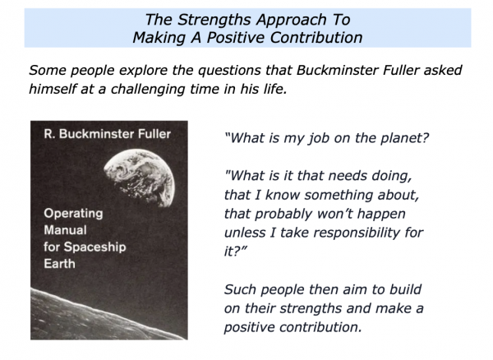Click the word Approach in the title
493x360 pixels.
292,20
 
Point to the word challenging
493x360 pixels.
148,90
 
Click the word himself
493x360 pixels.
53,89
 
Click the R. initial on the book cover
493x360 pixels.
49,134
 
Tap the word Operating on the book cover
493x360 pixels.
73,214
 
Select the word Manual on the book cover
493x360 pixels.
65,230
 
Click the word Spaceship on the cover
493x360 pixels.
94,247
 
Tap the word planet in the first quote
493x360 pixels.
405,138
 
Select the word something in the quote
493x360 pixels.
339,196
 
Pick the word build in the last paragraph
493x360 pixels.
405,289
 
